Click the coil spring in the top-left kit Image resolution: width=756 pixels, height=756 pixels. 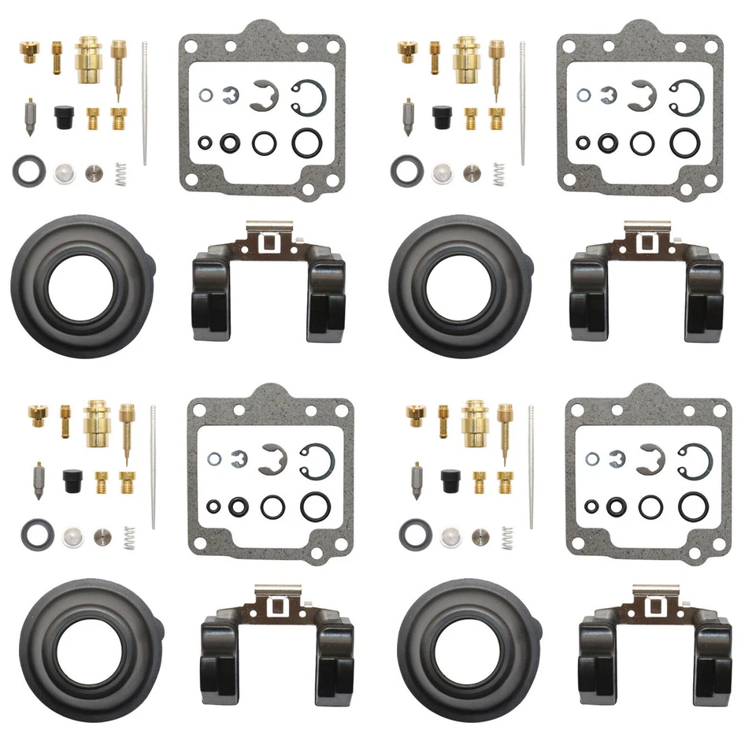point(120,173)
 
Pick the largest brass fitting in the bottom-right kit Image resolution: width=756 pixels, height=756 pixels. point(475,420)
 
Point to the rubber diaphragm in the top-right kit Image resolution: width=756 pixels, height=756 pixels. point(452,286)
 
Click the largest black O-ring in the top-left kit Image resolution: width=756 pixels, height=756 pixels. point(308,143)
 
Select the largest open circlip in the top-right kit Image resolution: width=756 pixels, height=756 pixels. point(686,96)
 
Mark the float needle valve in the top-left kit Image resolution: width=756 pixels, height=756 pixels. point(29,116)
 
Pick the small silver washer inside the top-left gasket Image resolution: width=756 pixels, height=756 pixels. point(205,95)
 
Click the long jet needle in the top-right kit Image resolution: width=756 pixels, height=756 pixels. point(522,102)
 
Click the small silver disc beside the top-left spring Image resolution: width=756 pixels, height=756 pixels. point(94,172)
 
